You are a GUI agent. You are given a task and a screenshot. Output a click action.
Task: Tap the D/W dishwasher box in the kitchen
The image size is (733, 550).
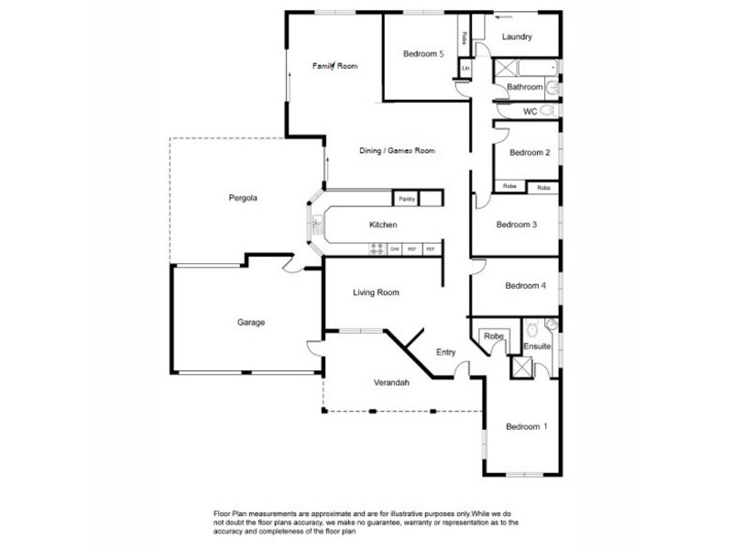click(394, 248)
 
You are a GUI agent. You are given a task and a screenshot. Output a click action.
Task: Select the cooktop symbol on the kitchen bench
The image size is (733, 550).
click(376, 248)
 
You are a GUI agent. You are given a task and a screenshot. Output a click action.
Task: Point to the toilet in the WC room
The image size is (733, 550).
click(548, 110)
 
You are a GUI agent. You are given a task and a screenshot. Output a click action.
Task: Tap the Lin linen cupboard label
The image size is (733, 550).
click(465, 69)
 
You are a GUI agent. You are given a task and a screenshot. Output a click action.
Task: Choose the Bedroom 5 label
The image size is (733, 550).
click(423, 54)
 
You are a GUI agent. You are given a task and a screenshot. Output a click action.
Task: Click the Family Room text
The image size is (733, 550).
click(334, 66)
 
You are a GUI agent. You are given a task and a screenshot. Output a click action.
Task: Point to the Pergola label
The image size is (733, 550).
click(242, 197)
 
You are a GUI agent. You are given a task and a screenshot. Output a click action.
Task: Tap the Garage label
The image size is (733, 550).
click(251, 323)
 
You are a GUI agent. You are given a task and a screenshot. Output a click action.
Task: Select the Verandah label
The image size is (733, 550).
click(391, 382)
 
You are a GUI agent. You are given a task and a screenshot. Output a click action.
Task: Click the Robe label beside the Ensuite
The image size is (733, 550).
click(495, 336)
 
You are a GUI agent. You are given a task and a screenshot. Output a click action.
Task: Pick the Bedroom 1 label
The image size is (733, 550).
click(527, 426)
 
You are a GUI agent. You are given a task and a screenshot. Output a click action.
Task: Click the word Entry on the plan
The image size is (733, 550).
click(445, 351)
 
